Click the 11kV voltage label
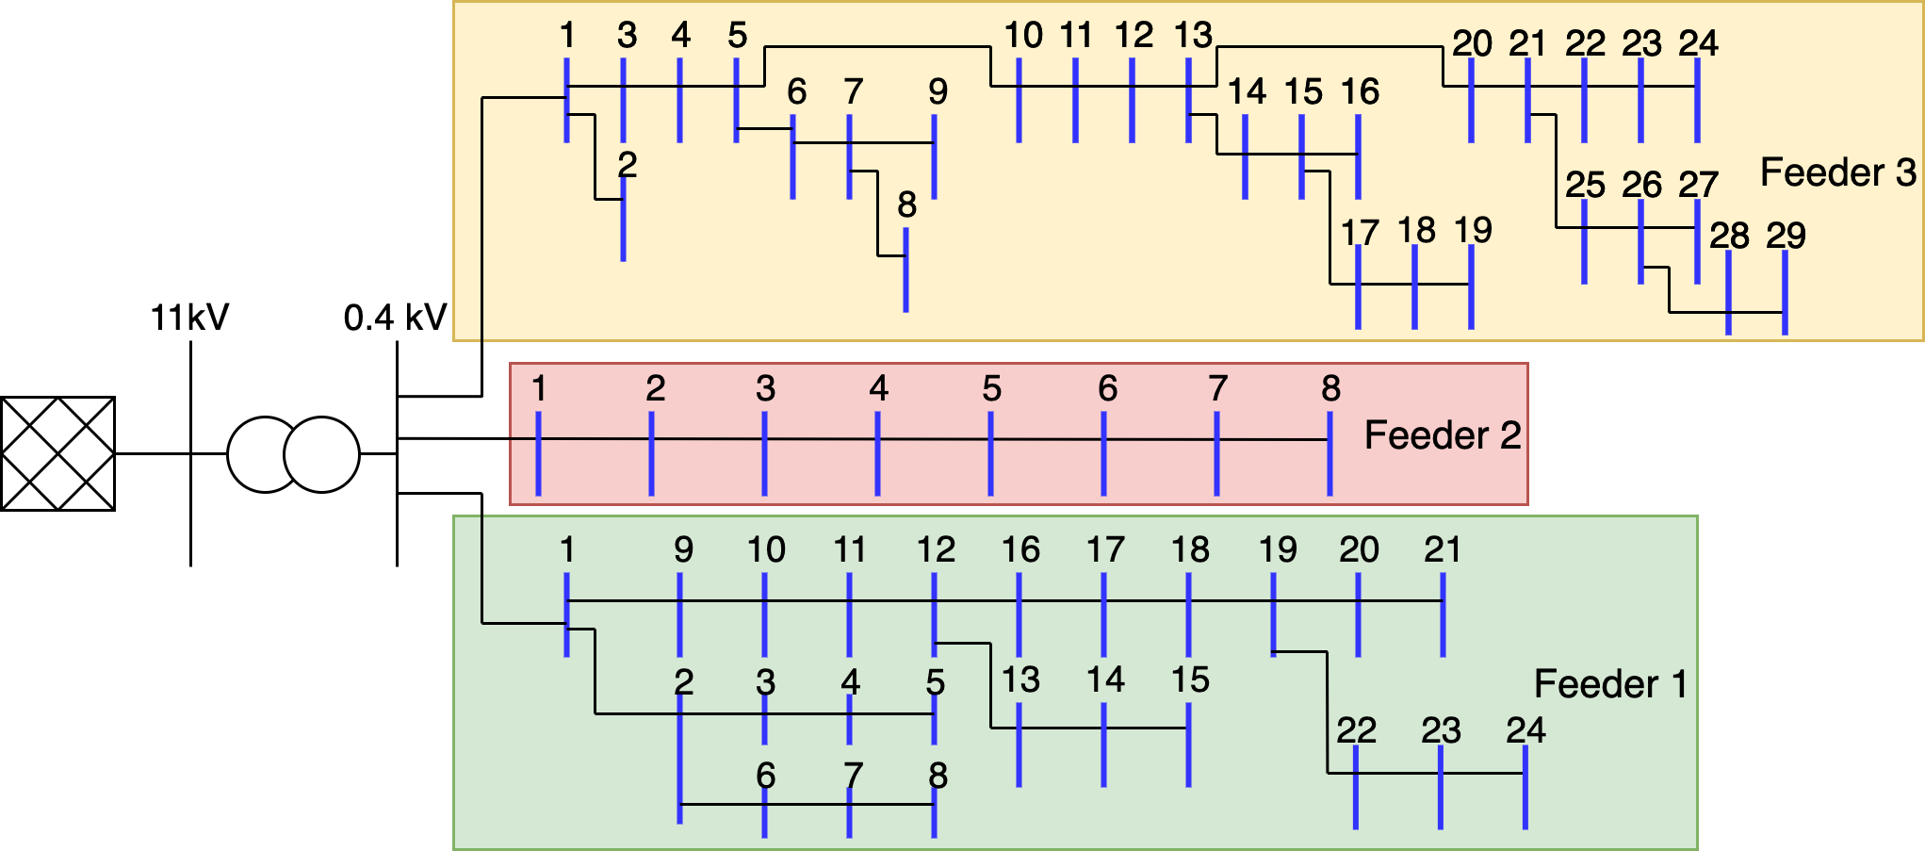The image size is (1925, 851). (189, 318)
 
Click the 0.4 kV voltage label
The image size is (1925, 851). (395, 318)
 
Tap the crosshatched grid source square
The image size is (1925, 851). (57, 453)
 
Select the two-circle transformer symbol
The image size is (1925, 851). (293, 454)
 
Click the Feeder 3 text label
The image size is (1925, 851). (1837, 172)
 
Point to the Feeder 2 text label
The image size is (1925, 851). (1442, 435)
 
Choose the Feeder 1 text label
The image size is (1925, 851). (1609, 684)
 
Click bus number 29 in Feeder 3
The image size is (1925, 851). (1786, 236)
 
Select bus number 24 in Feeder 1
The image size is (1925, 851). (1525, 730)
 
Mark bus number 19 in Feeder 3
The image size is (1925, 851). (1473, 230)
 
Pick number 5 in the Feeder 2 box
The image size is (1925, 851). (991, 388)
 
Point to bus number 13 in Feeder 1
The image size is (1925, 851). (1020, 679)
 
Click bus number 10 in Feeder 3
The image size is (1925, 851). (1022, 36)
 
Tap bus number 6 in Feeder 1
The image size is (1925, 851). (765, 776)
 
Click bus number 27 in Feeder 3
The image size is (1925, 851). (1698, 185)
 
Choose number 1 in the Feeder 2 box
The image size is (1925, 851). (539, 388)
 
